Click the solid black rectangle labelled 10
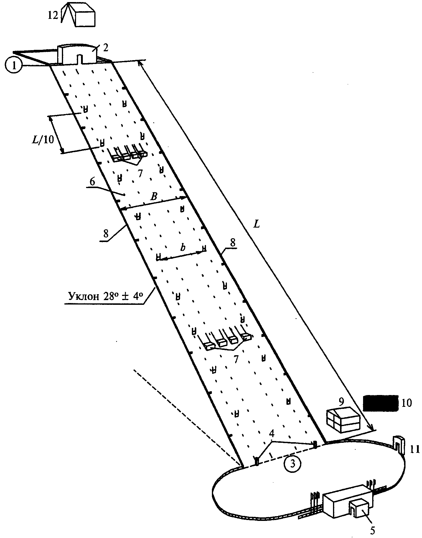(x=380, y=403)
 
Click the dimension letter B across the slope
(x=154, y=197)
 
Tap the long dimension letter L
(x=257, y=224)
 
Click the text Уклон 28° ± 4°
(x=103, y=296)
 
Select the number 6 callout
(x=92, y=182)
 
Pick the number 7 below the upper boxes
(x=140, y=173)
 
